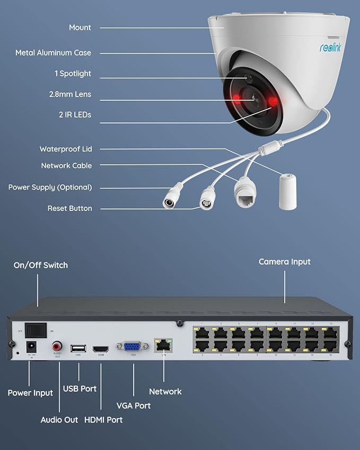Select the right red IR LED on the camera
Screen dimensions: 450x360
click(274, 101)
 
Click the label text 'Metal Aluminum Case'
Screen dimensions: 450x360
click(53, 53)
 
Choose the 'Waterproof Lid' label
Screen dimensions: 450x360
click(66, 149)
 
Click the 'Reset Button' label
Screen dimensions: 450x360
click(69, 209)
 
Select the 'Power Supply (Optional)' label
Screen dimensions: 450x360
click(50, 188)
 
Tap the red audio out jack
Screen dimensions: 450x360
click(57, 347)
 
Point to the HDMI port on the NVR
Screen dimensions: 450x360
click(101, 349)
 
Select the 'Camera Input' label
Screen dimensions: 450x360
click(285, 262)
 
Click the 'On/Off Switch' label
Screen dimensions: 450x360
click(41, 265)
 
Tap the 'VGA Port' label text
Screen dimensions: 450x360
click(134, 405)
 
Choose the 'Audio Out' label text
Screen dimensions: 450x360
click(59, 420)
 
